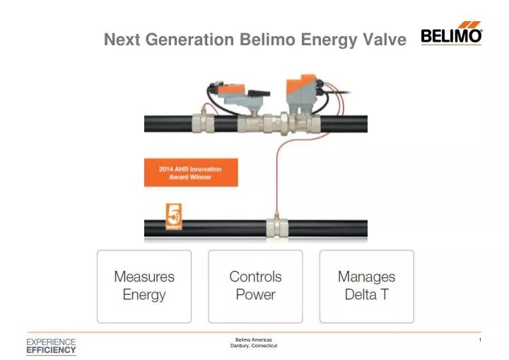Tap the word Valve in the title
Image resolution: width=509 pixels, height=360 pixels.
pos(385,40)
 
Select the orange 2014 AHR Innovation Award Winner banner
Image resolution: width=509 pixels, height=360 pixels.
pos(191,173)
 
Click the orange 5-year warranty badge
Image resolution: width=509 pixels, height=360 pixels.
pos(174,216)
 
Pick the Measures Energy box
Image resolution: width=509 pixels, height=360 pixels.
pos(144,286)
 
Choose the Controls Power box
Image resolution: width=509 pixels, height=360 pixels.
pos(255,286)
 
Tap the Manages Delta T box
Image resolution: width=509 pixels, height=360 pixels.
pos(366,286)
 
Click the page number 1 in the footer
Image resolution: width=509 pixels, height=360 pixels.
pos(479,341)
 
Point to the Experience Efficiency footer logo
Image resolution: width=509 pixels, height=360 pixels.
pos(51,346)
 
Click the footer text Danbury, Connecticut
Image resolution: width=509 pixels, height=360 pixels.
pos(254,346)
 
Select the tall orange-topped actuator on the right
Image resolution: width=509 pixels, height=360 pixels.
pos(300,91)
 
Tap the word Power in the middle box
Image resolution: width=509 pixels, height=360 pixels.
pos(255,294)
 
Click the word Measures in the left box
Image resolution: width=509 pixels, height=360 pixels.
pos(144,277)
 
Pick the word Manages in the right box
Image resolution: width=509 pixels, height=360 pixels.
pos(366,277)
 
